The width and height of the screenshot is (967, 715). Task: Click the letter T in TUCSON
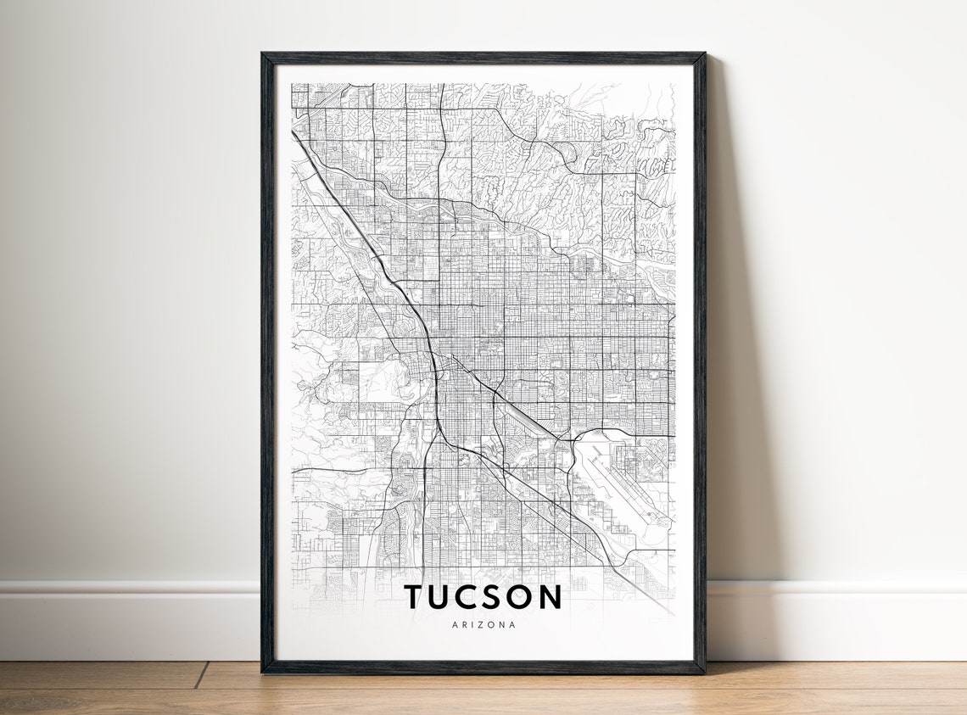click(414, 596)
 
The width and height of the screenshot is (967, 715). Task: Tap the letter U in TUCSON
click(443, 596)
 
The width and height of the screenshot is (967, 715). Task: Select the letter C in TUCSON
click(472, 596)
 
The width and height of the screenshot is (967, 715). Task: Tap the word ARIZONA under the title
click(483, 625)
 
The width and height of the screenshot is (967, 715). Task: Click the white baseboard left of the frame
click(127, 619)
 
